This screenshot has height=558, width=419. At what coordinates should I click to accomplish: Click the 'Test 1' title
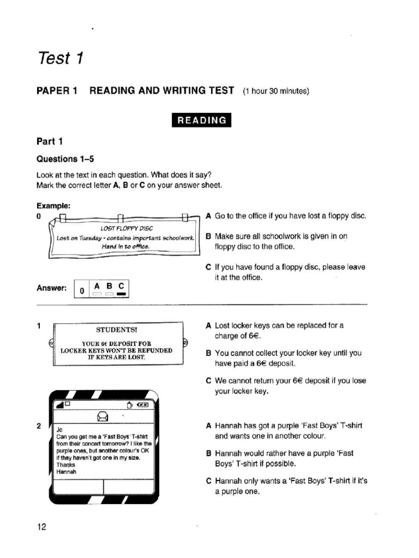tap(60, 58)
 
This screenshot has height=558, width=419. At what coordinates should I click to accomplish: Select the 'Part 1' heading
tap(50, 142)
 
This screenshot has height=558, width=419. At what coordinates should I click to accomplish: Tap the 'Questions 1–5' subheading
tap(65, 159)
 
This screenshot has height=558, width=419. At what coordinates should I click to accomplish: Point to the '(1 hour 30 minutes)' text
tap(276, 90)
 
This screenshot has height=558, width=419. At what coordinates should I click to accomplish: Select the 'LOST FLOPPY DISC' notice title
tap(127, 228)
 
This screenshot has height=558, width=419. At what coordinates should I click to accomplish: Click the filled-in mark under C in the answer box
tap(121, 295)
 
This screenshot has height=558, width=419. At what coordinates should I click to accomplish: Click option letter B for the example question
tap(208, 237)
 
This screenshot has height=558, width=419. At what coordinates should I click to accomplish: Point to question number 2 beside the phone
tap(39, 426)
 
